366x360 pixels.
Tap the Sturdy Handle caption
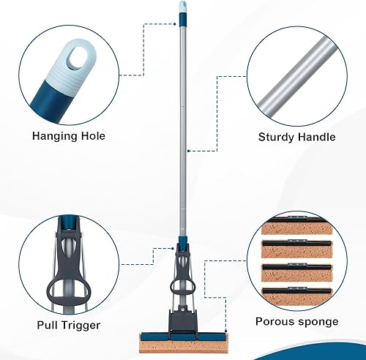[296, 136]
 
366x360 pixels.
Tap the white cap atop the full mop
[182, 10]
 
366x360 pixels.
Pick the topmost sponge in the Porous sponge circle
[296, 230]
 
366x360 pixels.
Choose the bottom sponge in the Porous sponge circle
[296, 297]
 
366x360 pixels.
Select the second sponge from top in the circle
[296, 252]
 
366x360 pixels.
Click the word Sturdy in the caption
[277, 136]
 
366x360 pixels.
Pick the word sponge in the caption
[318, 321]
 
